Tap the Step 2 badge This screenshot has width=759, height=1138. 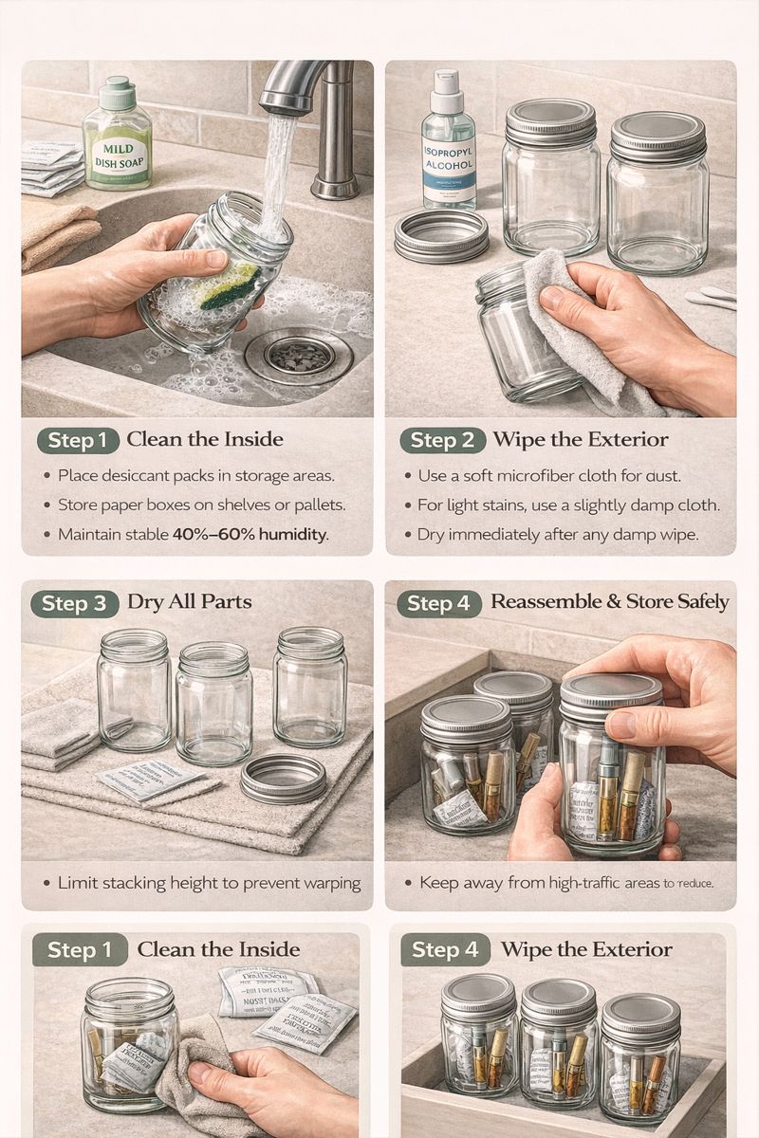pos(442,440)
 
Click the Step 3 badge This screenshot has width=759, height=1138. pos(75,604)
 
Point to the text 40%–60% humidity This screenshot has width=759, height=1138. pos(250,535)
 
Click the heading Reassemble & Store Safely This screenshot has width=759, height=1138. pos(609,602)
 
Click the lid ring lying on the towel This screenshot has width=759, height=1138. pos(283,779)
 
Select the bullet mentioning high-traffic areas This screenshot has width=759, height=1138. pos(565,883)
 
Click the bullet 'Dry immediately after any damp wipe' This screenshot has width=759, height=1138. pos(557,535)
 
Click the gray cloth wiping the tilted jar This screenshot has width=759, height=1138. pos(569,322)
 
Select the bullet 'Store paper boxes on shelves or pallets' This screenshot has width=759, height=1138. pos(201,505)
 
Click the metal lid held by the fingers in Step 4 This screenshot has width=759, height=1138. pos(610,690)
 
